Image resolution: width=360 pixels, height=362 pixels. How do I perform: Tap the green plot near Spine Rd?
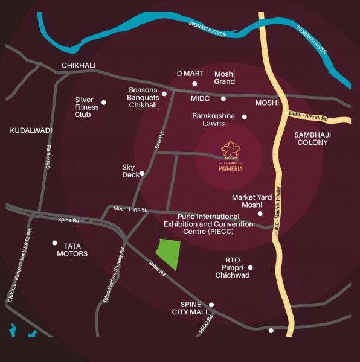coord(169,254)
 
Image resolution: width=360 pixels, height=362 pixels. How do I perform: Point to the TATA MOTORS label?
coord(68,249)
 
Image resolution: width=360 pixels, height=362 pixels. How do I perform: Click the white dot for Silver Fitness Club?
coord(104,103)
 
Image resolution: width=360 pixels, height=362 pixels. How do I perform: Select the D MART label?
coord(187,73)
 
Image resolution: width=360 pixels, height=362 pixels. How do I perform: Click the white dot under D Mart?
coord(194,84)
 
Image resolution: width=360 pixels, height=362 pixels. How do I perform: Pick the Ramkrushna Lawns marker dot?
coord(245,117)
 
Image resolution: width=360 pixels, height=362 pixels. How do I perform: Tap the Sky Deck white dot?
coord(142,173)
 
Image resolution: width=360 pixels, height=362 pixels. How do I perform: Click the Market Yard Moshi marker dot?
coord(260,214)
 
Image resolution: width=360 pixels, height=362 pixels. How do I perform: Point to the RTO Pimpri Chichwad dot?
coord(251,267)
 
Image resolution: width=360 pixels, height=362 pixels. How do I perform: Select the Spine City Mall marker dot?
coord(211,305)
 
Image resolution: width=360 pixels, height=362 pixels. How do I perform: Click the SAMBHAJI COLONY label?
coord(312,138)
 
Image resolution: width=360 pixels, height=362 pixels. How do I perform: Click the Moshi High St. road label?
coord(130,209)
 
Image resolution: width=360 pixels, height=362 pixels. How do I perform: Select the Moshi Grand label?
coord(225,77)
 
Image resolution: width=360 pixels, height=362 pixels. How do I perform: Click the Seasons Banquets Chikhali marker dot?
coord(164,94)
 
